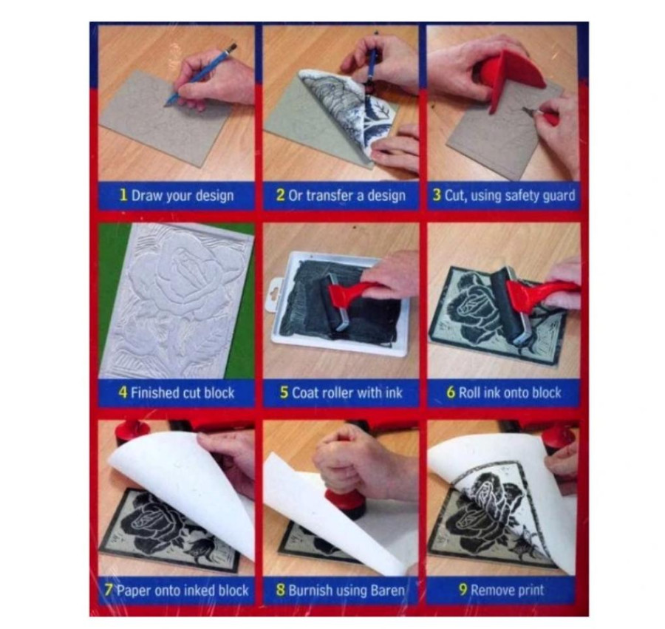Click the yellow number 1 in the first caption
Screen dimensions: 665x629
pyautogui.click(x=123, y=195)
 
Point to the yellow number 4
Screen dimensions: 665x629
pyautogui.click(x=123, y=392)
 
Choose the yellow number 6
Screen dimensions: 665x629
pyautogui.click(x=451, y=392)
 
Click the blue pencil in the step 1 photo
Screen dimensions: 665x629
pyautogui.click(x=200, y=74)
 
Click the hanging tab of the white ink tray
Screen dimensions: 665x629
pyautogui.click(x=276, y=293)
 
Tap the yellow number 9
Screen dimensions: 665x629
pyautogui.click(x=463, y=591)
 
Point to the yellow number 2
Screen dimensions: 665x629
pyautogui.click(x=280, y=195)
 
